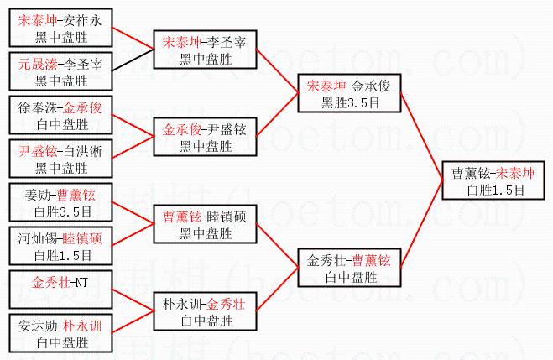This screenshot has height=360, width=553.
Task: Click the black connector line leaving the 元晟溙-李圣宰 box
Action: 133,60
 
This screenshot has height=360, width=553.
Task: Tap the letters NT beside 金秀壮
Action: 81,283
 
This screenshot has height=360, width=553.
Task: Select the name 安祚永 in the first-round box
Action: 82,21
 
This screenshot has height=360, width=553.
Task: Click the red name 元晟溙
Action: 38,64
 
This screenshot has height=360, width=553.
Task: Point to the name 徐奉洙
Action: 38,108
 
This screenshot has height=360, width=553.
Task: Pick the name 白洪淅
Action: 82,152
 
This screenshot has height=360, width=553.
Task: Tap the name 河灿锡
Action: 38,238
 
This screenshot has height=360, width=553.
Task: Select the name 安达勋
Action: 38,326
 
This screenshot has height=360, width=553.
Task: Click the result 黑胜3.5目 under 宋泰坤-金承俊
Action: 350,103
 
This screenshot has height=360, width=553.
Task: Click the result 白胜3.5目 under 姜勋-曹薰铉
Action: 63,212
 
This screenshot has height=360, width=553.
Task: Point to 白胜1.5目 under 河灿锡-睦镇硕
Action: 63,256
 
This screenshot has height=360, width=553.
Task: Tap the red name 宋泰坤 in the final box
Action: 515,173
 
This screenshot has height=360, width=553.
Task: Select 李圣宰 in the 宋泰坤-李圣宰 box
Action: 227,43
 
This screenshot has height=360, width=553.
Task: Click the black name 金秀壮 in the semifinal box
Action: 326,261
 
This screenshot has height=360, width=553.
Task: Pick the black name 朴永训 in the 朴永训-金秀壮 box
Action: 182,305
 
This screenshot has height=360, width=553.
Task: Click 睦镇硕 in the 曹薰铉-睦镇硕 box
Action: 227,217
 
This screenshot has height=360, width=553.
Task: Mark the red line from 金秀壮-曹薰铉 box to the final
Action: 421,223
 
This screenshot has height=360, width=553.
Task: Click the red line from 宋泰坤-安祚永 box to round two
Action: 133,38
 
